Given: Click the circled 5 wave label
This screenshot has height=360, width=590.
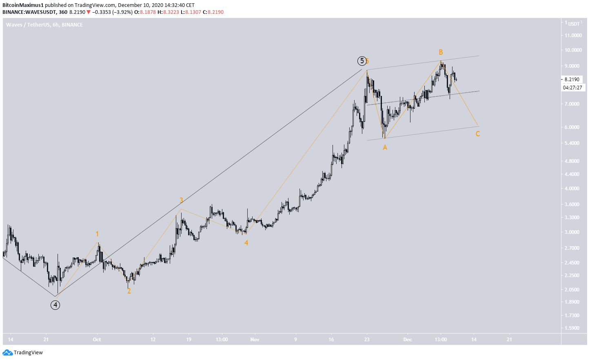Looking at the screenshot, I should (362, 61).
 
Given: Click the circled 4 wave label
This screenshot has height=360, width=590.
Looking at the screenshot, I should (55, 305).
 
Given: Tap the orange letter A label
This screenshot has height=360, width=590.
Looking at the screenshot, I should (385, 148).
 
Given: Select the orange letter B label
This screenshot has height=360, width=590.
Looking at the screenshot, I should (441, 52).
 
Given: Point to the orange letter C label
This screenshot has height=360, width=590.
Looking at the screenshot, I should (477, 134).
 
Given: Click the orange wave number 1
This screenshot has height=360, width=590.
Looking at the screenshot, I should (97, 234).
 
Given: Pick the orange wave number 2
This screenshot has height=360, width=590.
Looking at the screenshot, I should (129, 291).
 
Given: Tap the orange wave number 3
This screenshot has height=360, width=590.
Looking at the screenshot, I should (181, 200).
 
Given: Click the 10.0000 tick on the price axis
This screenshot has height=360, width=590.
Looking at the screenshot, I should (573, 50).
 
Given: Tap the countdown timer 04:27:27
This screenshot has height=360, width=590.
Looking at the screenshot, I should (572, 87).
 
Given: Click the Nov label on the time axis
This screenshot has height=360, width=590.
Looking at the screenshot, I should (255, 339).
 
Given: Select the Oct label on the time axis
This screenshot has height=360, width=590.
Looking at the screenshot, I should (97, 339).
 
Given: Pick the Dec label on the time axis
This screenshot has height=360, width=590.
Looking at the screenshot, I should (407, 339).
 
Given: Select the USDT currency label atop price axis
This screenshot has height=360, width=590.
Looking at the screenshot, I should (574, 24).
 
